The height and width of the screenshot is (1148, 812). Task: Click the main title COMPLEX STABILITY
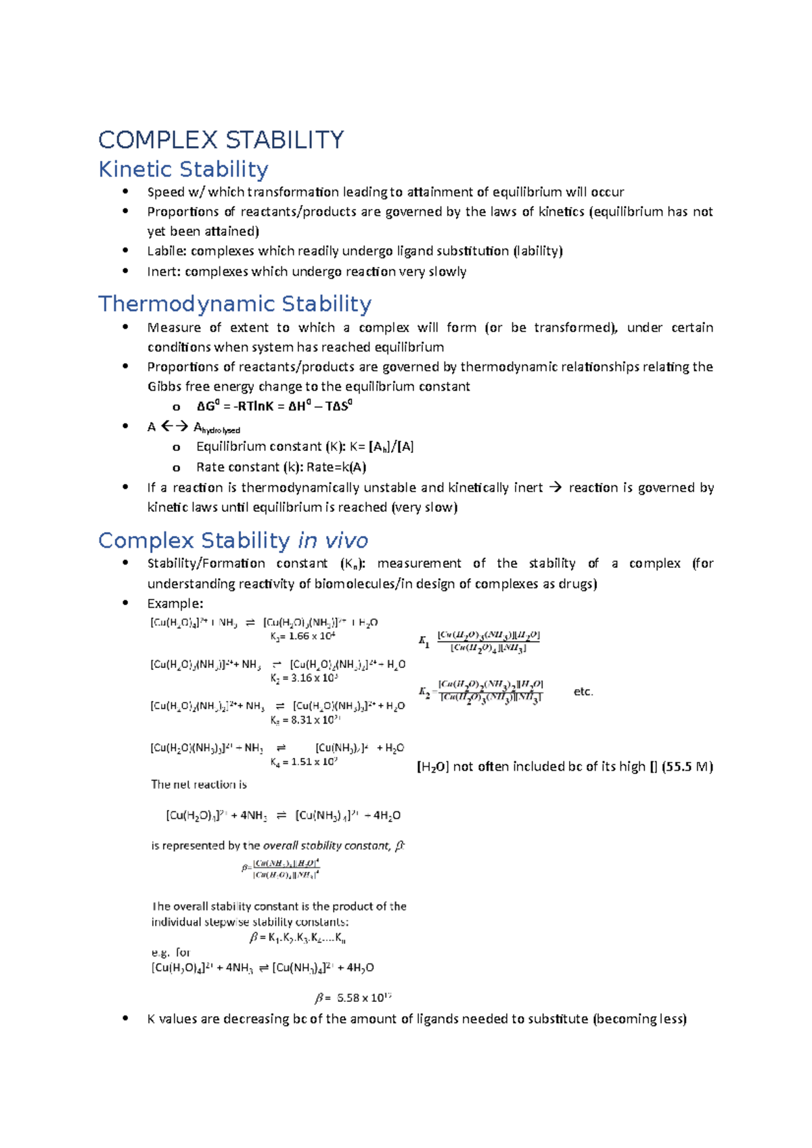pyautogui.click(x=221, y=140)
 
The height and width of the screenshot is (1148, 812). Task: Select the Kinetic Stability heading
pyautogui.click(x=183, y=169)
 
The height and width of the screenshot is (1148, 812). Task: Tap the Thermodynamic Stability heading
pyautogui.click(x=235, y=304)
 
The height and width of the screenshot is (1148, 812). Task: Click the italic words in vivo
pyautogui.click(x=333, y=540)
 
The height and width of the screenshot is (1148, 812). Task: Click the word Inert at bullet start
pyautogui.click(x=163, y=272)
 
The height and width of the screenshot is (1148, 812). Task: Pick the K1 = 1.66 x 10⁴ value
pyautogui.click(x=303, y=636)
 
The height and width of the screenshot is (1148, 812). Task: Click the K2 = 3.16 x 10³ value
pyautogui.click(x=304, y=678)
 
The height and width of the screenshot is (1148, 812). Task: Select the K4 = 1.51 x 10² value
pyautogui.click(x=304, y=762)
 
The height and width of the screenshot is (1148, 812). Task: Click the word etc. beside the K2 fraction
pyautogui.click(x=583, y=692)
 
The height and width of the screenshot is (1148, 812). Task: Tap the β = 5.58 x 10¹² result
pyautogui.click(x=353, y=998)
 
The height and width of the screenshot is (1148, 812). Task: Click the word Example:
pyautogui.click(x=175, y=604)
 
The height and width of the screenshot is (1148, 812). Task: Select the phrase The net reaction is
pyautogui.click(x=199, y=784)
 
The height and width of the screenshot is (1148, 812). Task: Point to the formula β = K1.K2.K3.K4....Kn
pyautogui.click(x=298, y=938)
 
